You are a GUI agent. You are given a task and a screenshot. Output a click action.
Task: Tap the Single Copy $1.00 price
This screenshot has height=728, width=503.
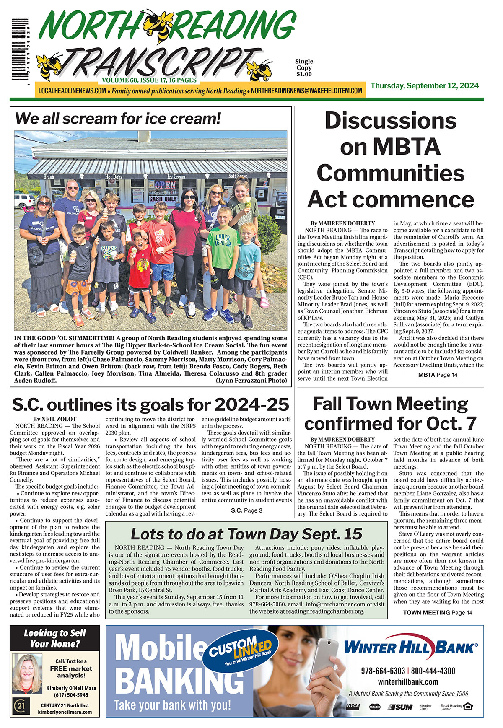pyautogui.click(x=304, y=68)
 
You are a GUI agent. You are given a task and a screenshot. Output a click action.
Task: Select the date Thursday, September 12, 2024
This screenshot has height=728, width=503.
pyautogui.click(x=424, y=86)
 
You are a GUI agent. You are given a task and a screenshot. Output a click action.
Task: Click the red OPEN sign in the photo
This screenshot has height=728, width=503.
pyautogui.click(x=166, y=185)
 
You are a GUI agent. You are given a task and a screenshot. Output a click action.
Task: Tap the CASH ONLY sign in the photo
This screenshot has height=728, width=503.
pyautogui.click(x=163, y=199)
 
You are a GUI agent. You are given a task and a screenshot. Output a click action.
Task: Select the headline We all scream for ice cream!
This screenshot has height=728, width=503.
pyautogui.click(x=118, y=119)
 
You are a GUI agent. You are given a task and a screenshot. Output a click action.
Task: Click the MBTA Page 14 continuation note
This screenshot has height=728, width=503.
pyautogui.click(x=438, y=375)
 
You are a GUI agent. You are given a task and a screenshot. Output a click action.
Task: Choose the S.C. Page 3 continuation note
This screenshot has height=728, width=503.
pyautogui.click(x=246, y=510)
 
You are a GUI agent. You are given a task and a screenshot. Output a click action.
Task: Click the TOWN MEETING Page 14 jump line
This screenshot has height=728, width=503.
pyautogui.click(x=438, y=612)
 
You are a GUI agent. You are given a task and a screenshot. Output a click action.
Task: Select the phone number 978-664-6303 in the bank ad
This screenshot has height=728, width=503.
pyautogui.click(x=383, y=671)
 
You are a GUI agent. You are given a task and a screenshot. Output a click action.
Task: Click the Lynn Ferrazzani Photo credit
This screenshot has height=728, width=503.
pyautogui.click(x=251, y=381)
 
